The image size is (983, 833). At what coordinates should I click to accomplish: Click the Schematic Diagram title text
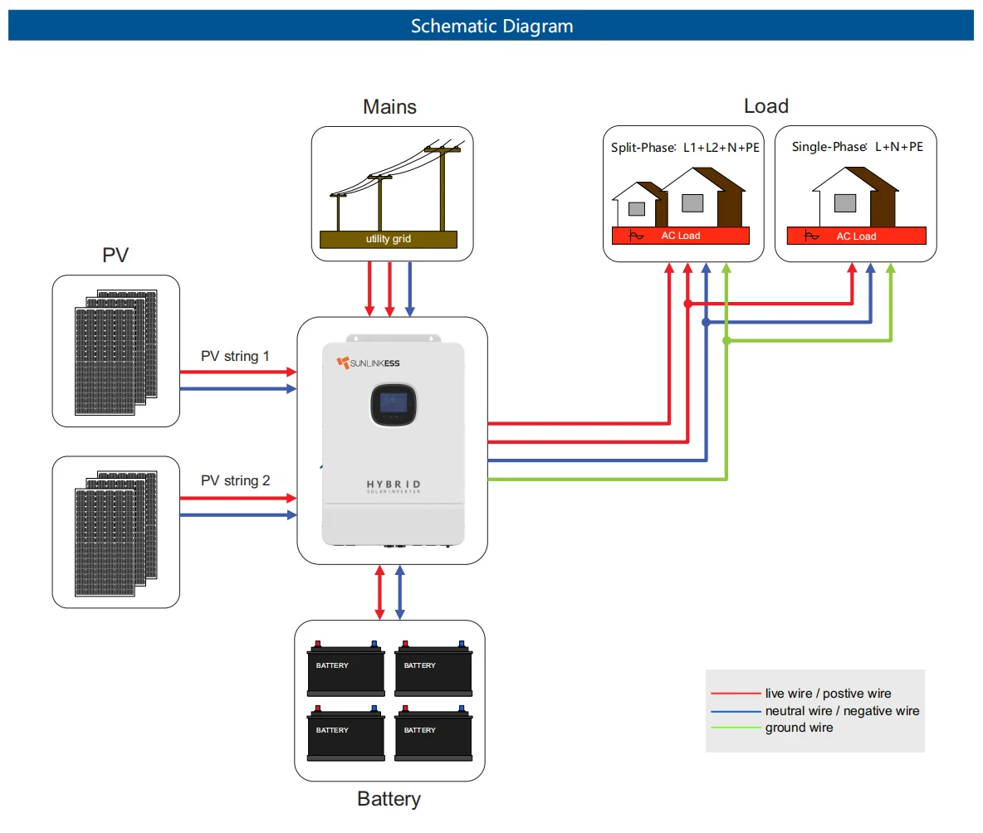coord(491,26)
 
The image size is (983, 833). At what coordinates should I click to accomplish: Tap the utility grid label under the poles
coord(389,239)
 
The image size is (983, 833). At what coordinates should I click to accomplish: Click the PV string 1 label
coord(235,356)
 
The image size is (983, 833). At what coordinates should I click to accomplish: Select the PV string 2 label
coord(235,480)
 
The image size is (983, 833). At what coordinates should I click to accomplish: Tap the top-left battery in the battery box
coord(346,669)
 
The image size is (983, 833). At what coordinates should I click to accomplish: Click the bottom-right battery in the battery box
coord(433,733)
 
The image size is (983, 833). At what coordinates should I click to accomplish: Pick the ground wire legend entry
coord(799,728)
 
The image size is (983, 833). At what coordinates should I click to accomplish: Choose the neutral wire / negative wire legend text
coord(842,711)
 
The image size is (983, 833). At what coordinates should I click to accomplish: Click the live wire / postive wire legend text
coord(828,694)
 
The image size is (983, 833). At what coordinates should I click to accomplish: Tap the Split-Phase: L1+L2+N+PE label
coord(686,147)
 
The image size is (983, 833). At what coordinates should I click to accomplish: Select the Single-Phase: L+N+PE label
coord(857,147)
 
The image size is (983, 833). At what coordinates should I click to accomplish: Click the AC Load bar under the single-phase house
coord(856,236)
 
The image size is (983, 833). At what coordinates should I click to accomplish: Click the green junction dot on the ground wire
coord(726,340)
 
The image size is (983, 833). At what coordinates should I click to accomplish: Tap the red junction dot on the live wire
coord(687,304)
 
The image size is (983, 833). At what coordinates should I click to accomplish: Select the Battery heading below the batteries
coord(389,799)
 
